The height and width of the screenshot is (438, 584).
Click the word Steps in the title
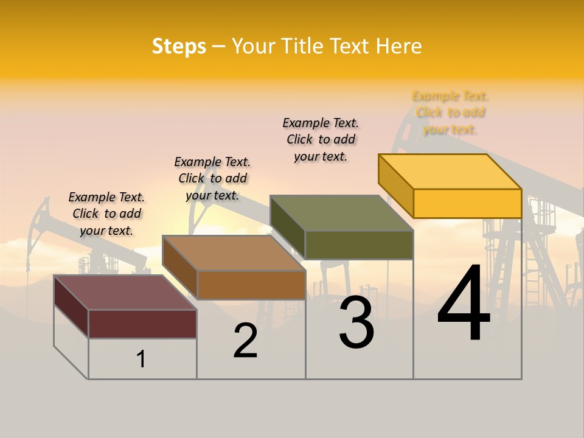[x=179, y=46]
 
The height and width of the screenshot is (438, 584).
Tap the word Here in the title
[x=398, y=46]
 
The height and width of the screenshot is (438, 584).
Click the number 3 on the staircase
[x=356, y=322]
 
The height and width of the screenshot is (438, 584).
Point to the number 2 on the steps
[x=246, y=341]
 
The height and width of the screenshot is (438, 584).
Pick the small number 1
[x=141, y=359]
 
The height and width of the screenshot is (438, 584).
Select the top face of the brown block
[x=234, y=253]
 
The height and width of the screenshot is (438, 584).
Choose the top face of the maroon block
[x=125, y=293]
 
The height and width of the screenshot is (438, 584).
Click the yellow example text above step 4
[x=450, y=113]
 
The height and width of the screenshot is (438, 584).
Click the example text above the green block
[x=321, y=139]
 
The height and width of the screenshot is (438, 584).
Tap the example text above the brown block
[x=212, y=178]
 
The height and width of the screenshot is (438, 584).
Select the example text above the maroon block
[x=106, y=214]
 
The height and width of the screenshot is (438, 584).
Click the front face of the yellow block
[x=467, y=203]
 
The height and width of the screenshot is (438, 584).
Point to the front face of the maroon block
[x=142, y=324]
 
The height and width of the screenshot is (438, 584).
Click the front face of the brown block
[x=251, y=285]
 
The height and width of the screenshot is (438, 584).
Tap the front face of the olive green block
[x=359, y=245]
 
